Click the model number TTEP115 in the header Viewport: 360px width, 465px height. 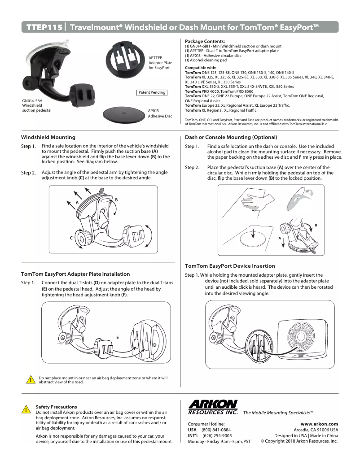[x=44, y=27]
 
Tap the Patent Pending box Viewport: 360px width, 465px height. [x=151, y=92]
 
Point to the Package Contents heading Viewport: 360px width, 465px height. [x=205, y=41]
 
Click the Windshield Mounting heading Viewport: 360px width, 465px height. [x=48, y=137]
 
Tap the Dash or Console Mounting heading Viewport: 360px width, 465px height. [x=231, y=137]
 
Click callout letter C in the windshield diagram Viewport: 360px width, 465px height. [x=71, y=238]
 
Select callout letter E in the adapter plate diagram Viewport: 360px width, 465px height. [x=117, y=336]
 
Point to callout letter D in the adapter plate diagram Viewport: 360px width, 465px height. [x=154, y=345]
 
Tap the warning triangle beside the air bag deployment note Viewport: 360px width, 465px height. [x=30, y=380]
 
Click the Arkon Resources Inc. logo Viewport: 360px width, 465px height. [x=213, y=407]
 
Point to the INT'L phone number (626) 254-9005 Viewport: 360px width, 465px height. [x=217, y=435]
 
